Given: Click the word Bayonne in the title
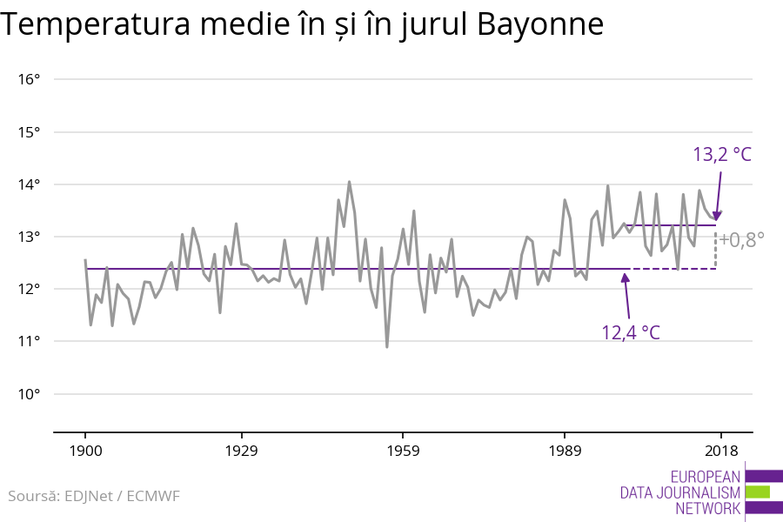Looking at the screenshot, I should click(x=540, y=25).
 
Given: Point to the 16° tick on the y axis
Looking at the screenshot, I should click(x=30, y=80).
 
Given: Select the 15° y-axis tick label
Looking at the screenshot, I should click(x=30, y=132).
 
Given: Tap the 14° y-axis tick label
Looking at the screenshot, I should click(x=30, y=184).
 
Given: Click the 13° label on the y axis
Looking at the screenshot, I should click(x=30, y=237).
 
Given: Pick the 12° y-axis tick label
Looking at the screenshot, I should click(x=30, y=289).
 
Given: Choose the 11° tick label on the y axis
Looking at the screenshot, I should click(x=30, y=341).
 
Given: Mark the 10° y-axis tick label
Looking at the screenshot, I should click(x=30, y=394).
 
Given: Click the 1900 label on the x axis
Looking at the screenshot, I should click(x=85, y=451).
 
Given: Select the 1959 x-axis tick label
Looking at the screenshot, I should click(x=402, y=451).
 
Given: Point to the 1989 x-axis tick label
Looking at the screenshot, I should click(x=564, y=451).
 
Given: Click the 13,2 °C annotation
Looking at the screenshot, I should click(x=722, y=155).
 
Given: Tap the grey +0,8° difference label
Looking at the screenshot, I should click(x=741, y=240).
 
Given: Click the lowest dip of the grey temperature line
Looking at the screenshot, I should click(x=387, y=346).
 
